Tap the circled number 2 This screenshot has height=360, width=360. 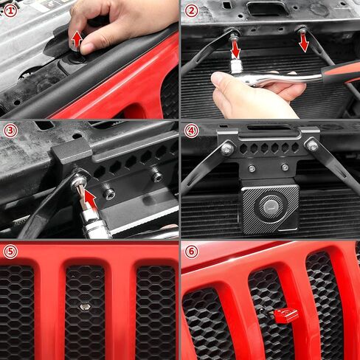[x=191, y=10]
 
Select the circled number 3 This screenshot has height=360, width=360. [x=10, y=131]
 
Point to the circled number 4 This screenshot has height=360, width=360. [x=191, y=131]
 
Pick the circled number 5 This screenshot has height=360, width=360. [x=10, y=252]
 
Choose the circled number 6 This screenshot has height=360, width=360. [x=191, y=252]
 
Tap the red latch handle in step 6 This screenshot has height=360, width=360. [x=285, y=315]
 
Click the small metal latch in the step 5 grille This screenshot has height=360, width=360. [x=84, y=305]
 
